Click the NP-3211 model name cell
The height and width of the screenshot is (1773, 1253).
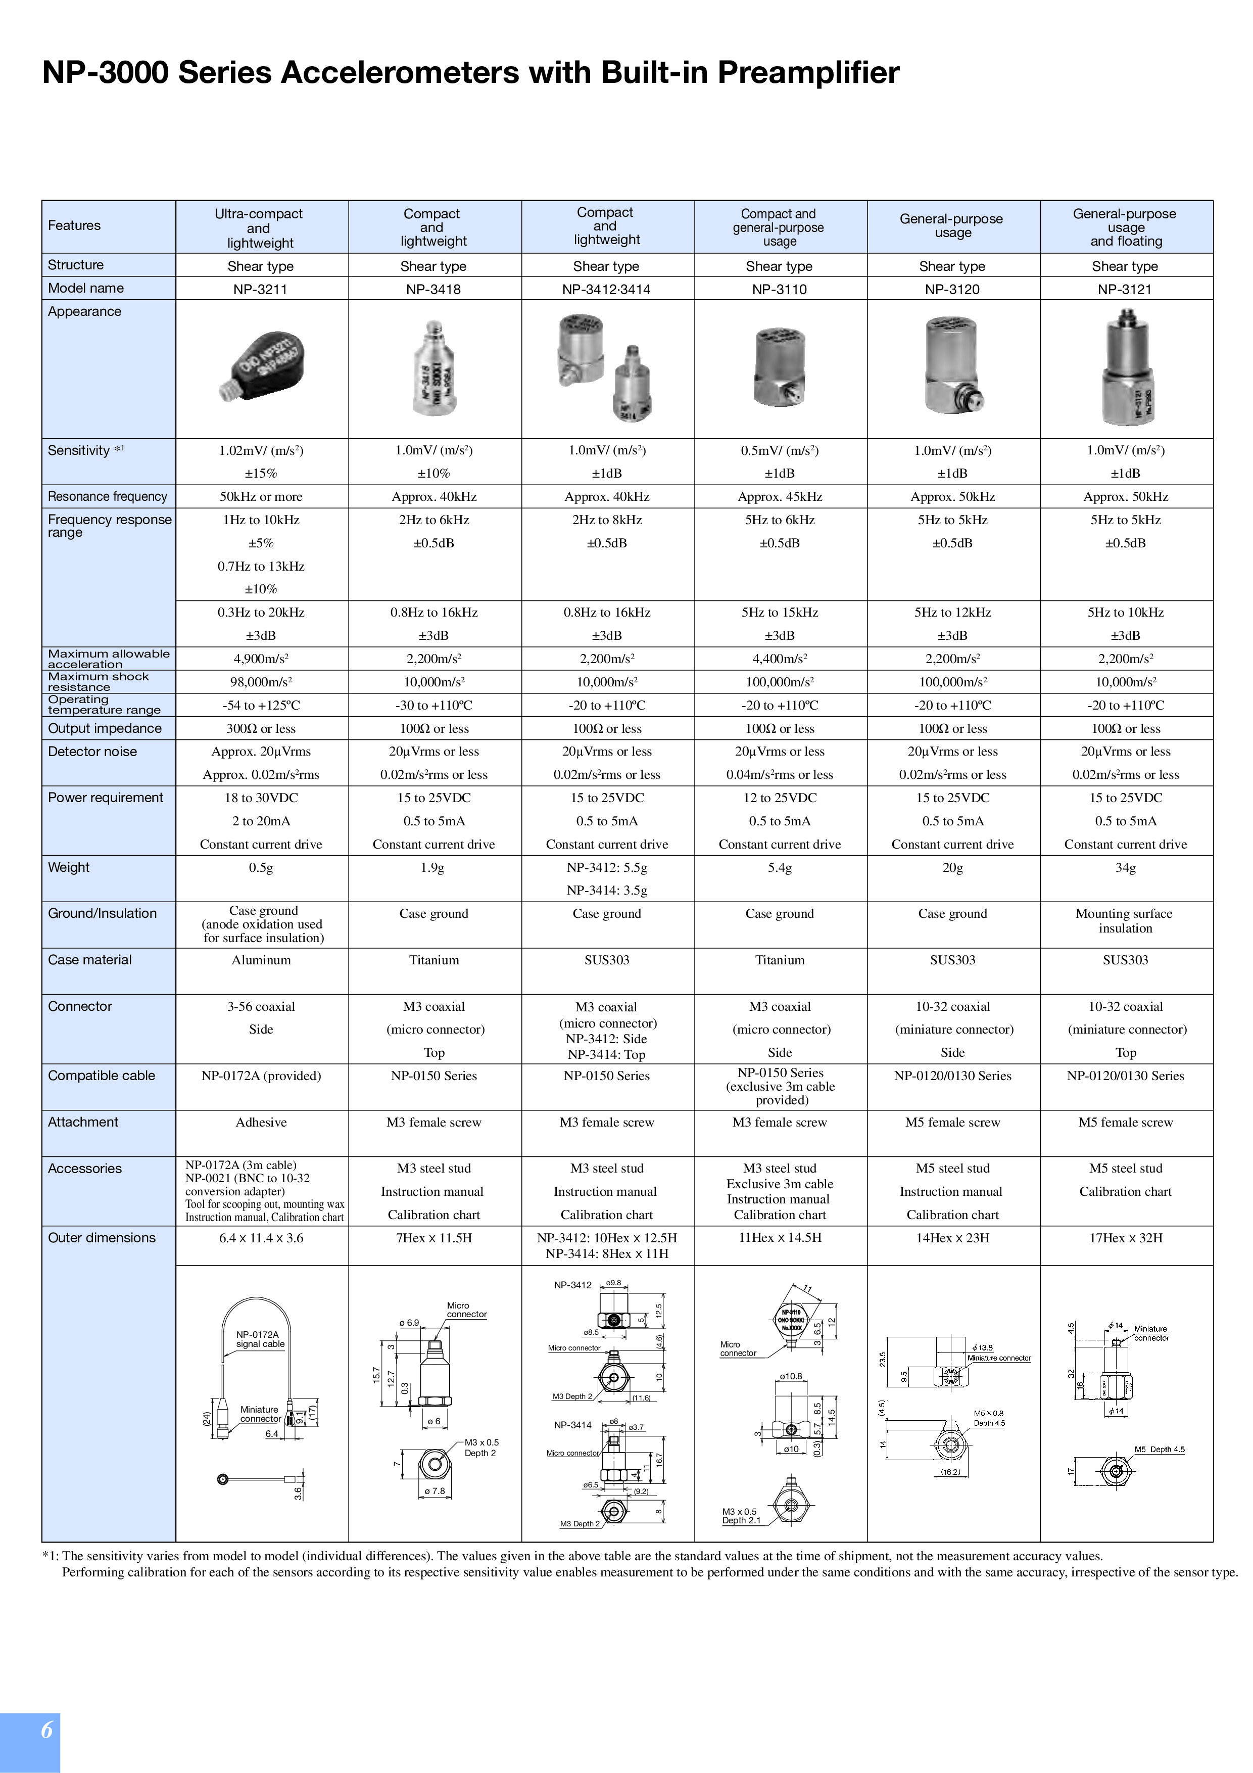pos(261,290)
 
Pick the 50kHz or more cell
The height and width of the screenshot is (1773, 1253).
pos(261,496)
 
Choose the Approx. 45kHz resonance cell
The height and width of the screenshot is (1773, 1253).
pos(780,496)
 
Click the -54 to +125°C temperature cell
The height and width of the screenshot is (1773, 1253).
pos(261,705)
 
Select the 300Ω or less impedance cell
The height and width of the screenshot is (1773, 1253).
pos(261,728)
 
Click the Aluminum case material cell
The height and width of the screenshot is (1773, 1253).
pos(261,960)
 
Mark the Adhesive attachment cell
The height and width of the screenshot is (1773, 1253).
pos(261,1122)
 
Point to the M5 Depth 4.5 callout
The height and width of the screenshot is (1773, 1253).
pos(1159,1450)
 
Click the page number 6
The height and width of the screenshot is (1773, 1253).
pos(47,1730)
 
